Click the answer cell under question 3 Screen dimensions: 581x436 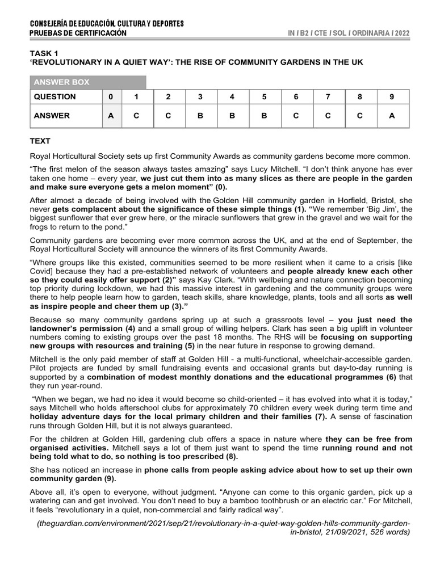point(200,116)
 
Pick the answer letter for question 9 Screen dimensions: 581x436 point(391,116)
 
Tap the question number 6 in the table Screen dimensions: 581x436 point(296,97)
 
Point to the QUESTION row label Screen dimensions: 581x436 point(54,97)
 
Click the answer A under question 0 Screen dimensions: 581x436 point(111,116)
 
